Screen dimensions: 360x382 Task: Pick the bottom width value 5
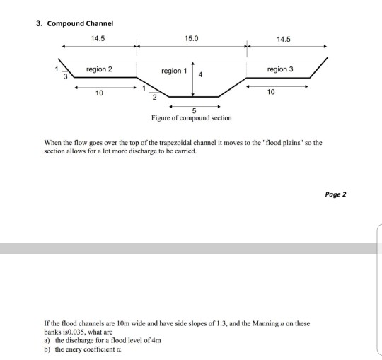[x=194, y=110]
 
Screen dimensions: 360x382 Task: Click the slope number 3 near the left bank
[x=66, y=76]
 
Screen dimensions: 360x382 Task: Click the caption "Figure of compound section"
[x=192, y=118]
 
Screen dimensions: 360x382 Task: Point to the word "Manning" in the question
[x=262, y=323]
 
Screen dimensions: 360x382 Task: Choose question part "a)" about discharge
[x=48, y=339]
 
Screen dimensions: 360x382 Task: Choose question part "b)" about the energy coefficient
[x=48, y=349]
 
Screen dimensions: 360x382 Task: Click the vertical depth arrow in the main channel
[x=193, y=79]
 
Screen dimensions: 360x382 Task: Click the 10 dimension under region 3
[x=271, y=92]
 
